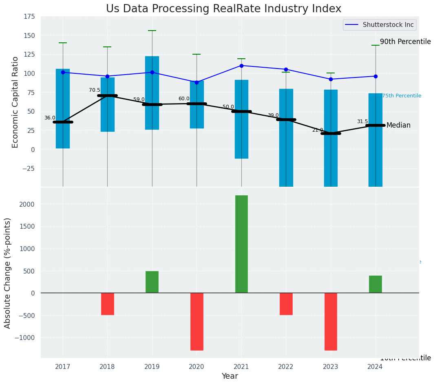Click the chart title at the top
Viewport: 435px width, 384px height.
pos(223,9)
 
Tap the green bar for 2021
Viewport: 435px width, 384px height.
pos(241,244)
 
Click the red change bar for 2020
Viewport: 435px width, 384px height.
pos(197,321)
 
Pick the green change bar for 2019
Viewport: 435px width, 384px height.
pos(152,282)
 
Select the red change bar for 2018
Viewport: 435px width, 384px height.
pos(108,304)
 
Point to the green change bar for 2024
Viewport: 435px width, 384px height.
pos(375,284)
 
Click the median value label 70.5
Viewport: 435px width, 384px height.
pos(95,90)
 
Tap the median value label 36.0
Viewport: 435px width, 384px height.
pos(50,118)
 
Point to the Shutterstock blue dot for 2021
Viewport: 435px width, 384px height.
pos(241,66)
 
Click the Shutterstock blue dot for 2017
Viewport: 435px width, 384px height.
pos(63,73)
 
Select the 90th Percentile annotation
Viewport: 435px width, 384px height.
pos(405,42)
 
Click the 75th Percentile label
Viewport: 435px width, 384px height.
pos(402,96)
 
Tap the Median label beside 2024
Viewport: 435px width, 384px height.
pos(398,126)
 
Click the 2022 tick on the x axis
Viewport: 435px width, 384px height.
pos(286,367)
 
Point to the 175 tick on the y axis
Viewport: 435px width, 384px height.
pos(29,17)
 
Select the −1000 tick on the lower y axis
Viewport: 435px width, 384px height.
pos(25,338)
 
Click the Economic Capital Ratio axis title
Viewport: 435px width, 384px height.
pos(15,102)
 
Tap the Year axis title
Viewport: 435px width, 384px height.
pos(230,376)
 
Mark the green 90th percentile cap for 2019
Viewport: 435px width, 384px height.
pos(152,31)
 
